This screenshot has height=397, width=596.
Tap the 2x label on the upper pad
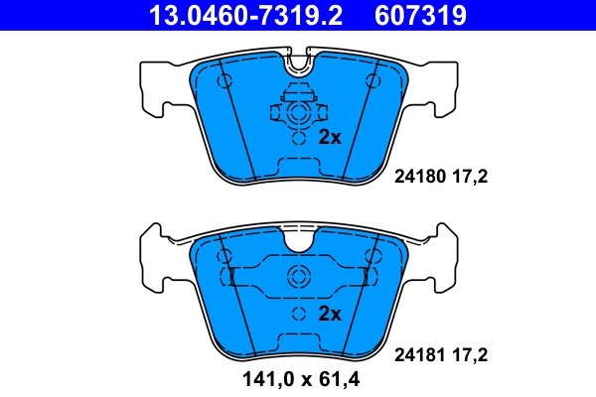(x=329, y=138)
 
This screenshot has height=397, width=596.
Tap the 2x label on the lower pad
(x=329, y=314)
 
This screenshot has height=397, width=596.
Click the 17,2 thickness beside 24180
(x=472, y=178)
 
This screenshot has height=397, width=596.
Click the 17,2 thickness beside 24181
(x=472, y=352)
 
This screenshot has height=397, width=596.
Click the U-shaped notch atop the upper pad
(x=298, y=66)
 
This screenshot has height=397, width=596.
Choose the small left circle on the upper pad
(x=223, y=79)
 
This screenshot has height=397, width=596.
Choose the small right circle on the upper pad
(x=373, y=79)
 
